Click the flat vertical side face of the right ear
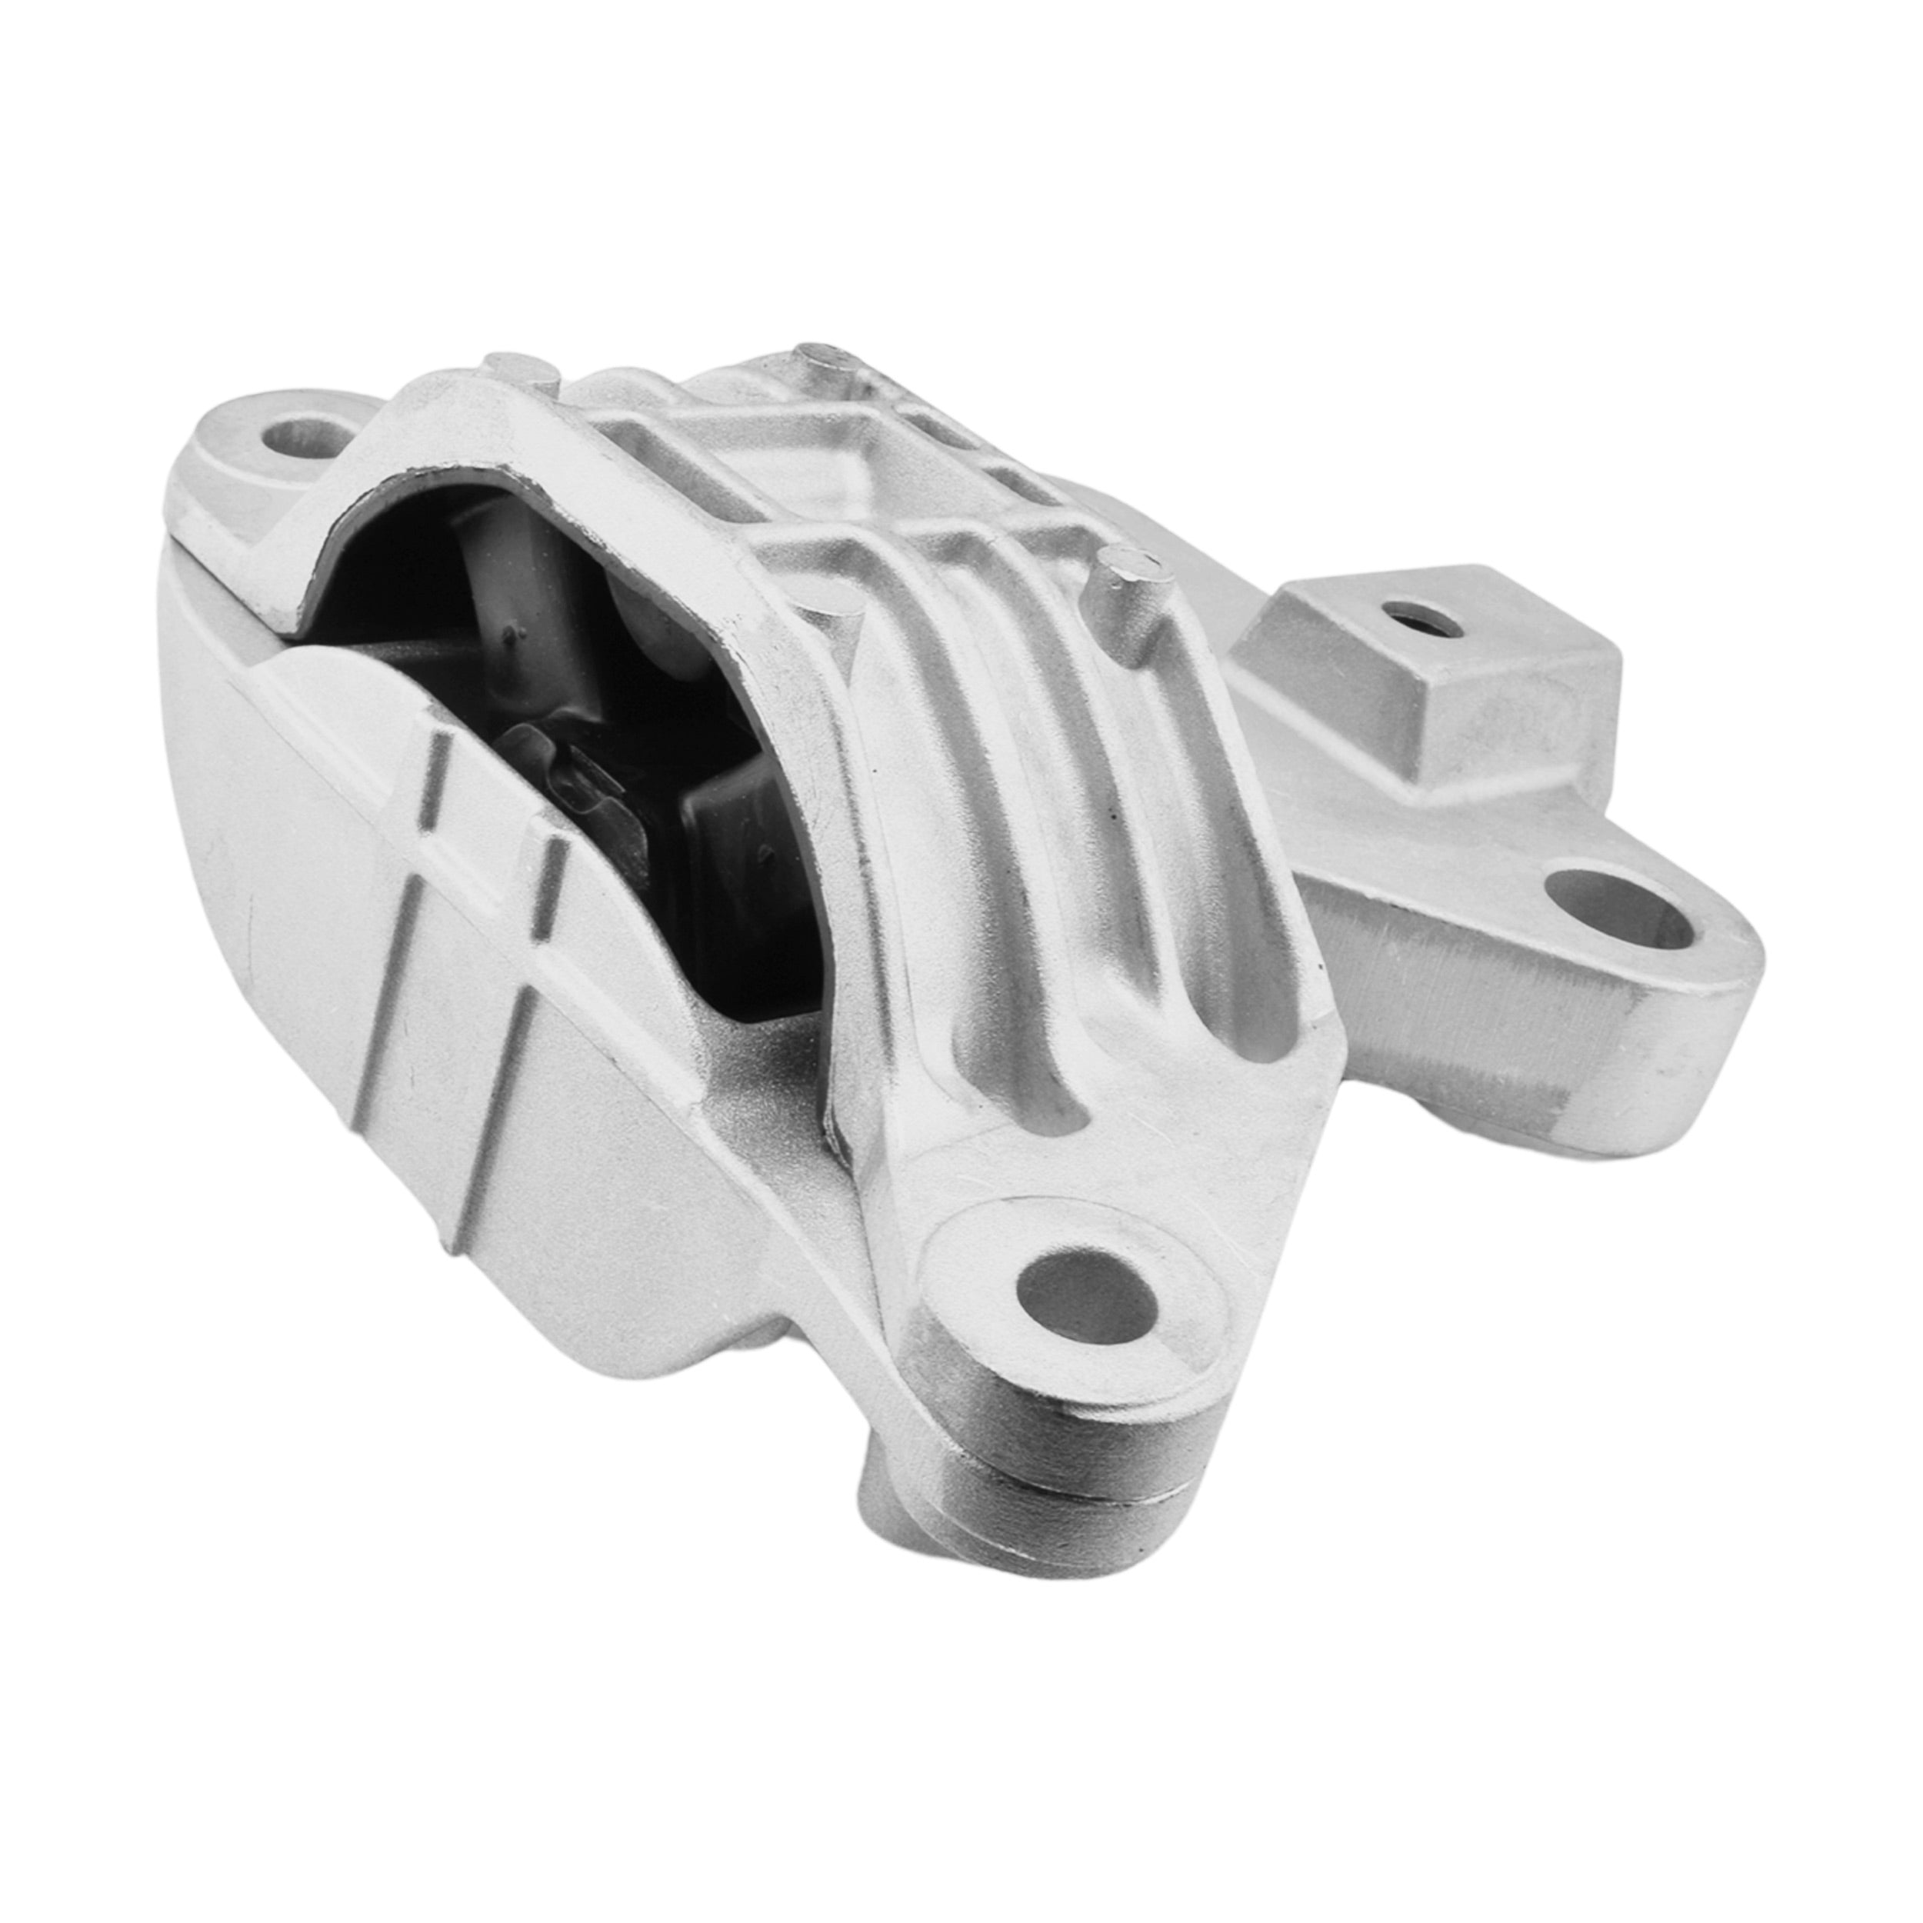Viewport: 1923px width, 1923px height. click(1443, 1015)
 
